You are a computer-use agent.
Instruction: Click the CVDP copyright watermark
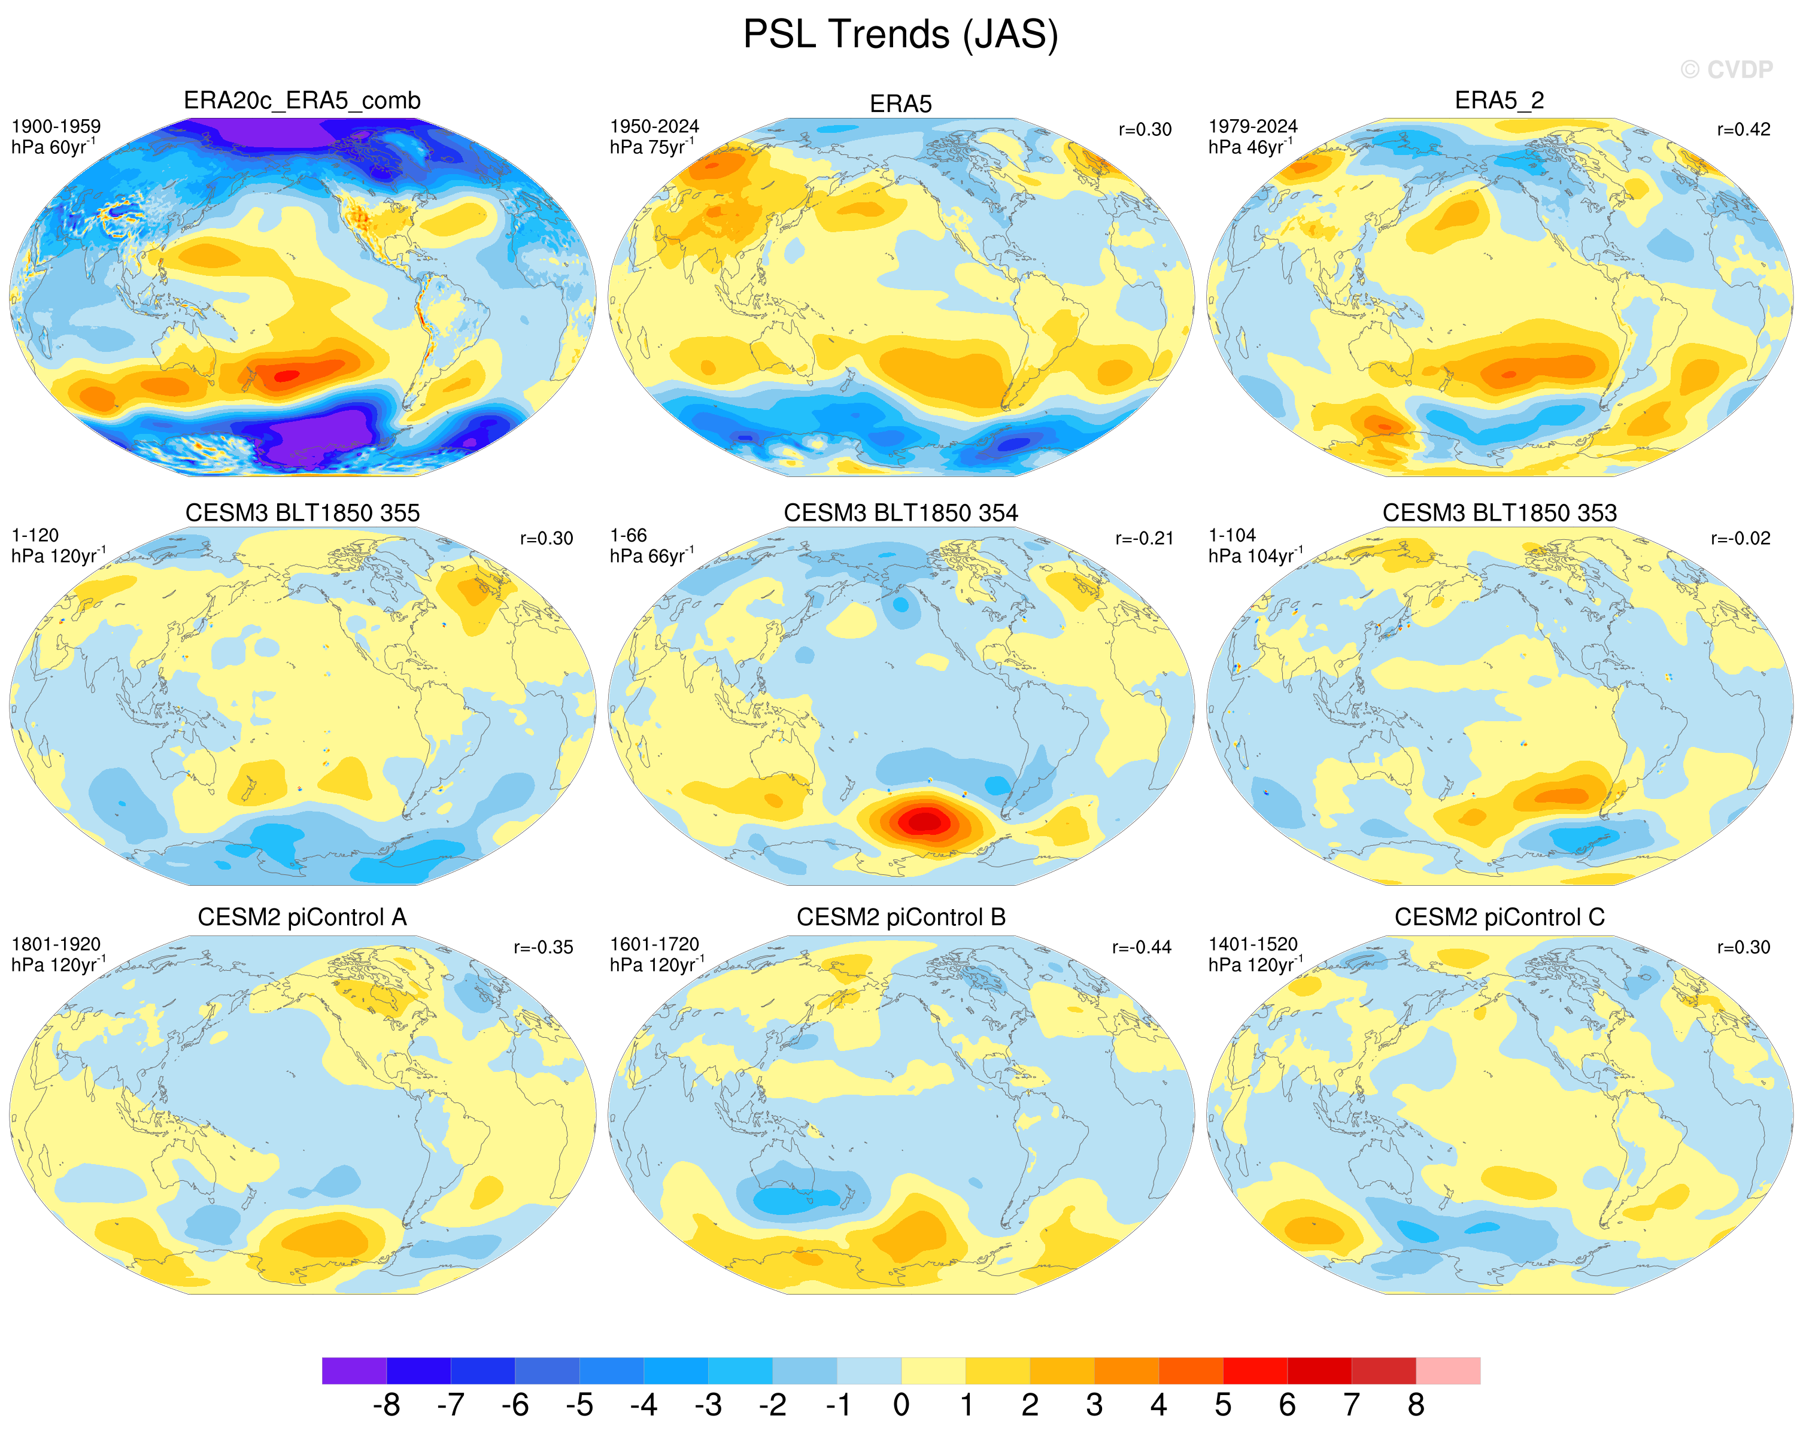pos(1727,69)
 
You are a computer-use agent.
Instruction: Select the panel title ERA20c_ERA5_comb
pos(302,101)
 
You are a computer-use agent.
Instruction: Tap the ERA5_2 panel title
pos(1500,101)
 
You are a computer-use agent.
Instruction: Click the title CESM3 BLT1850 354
pos(901,512)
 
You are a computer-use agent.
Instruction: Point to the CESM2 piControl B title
pos(901,917)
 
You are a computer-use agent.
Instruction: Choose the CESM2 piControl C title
pos(1500,917)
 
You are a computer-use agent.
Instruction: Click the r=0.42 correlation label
pos(1744,130)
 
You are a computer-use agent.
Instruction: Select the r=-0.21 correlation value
pos(1144,539)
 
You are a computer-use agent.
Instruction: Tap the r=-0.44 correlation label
pos(1142,947)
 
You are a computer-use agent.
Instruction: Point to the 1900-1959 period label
pos(56,126)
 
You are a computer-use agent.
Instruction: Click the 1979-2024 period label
pos(1253,126)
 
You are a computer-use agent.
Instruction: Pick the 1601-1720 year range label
pos(654,944)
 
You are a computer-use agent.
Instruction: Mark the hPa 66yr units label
pos(651,555)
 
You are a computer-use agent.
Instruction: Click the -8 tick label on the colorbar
pos(386,1405)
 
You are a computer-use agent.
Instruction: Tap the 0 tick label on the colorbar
pos(901,1405)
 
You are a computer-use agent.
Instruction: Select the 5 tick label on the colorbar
pos(1222,1405)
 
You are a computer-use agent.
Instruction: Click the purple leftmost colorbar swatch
pos(354,1371)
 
